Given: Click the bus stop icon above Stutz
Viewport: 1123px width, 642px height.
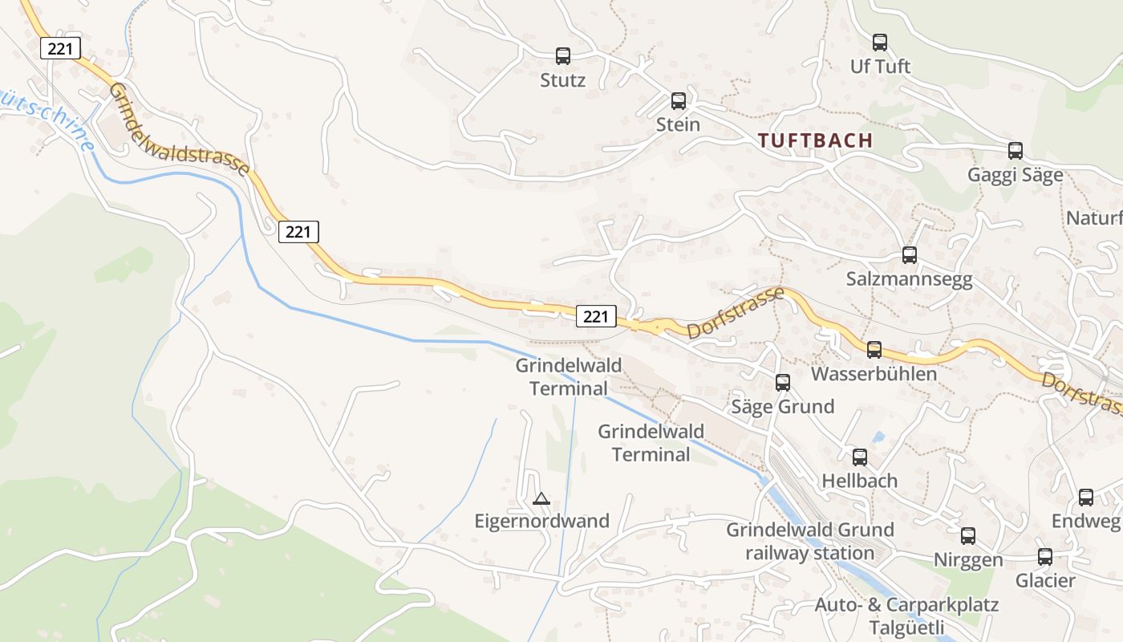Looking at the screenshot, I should pos(563,56).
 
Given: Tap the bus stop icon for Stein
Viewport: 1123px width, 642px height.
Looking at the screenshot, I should pos(679,101).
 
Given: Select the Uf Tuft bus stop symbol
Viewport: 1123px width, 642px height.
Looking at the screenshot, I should pos(880,43).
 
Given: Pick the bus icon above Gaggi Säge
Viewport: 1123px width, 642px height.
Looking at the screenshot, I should pos(1016,151).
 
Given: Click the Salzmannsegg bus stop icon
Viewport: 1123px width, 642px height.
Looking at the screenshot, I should pos(910,255).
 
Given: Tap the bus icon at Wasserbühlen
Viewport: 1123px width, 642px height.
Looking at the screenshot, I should pos(874,350).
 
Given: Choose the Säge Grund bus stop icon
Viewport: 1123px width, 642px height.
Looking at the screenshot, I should pos(783,383).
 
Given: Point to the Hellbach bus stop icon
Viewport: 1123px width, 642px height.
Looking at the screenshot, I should pos(860,457).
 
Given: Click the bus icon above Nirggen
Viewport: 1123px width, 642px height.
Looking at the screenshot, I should pos(968,536).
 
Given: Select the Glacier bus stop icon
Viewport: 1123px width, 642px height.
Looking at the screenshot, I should pos(1045,557).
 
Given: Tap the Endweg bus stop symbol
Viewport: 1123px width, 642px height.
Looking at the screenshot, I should pos(1086,498).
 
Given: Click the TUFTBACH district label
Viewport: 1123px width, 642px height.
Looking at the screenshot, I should pos(815,140).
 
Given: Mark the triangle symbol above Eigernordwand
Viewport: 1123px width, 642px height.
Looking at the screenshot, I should pos(541,499).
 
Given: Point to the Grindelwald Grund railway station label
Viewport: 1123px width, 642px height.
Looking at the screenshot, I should pos(810,541).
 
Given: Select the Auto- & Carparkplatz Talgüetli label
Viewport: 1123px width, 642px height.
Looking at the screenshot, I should pos(906,616).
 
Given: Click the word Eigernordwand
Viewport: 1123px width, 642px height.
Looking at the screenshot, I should pos(542,521).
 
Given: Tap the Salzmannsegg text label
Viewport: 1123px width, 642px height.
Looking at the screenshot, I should pos(910,279).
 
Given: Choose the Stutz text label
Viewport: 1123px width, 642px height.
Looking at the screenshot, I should pos(563,80).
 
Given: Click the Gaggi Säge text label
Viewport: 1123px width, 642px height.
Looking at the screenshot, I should pos(1016,175).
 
